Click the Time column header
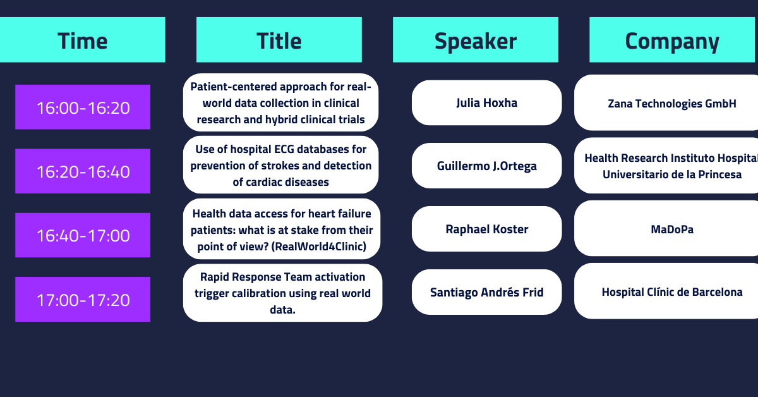click(x=83, y=40)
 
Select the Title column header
click(x=279, y=40)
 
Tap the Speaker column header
click(x=476, y=40)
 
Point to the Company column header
click(x=672, y=40)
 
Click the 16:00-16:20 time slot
click(x=83, y=107)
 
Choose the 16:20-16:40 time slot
click(x=83, y=171)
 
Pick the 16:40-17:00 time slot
click(x=83, y=235)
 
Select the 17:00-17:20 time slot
click(x=83, y=300)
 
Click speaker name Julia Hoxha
click(x=486, y=103)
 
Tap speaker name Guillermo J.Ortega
click(x=486, y=166)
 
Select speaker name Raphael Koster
click(x=486, y=229)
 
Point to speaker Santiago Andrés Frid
click(x=486, y=292)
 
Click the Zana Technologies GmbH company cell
click(x=666, y=103)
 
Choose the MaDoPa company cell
click(x=666, y=229)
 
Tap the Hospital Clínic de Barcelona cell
click(x=666, y=291)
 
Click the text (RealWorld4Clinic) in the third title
click(x=319, y=247)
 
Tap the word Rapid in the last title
click(x=215, y=278)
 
